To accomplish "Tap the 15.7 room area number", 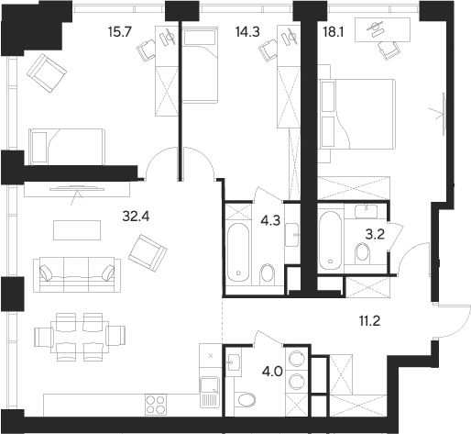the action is [x=120, y=31].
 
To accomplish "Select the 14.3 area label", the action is [x=247, y=31].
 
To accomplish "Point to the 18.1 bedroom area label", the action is [x=334, y=31].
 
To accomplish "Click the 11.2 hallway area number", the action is [x=369, y=321].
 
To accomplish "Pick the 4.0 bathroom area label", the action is [x=273, y=373].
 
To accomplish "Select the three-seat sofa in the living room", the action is [x=77, y=275].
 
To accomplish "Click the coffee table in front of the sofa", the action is [x=77, y=230].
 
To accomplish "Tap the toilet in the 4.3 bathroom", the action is [x=268, y=274].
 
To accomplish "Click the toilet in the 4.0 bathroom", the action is [x=245, y=399].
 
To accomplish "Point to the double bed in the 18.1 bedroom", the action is [x=357, y=114].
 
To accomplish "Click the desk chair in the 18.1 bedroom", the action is [x=389, y=50].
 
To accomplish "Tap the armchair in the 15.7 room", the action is [x=47, y=73].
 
